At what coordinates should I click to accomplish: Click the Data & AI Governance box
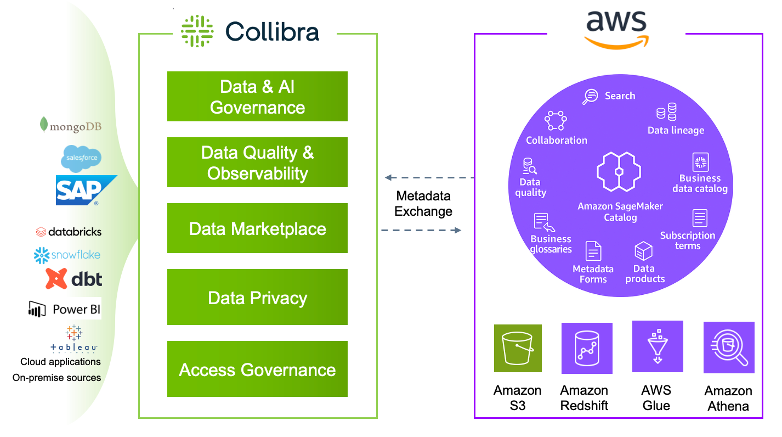pyautogui.click(x=257, y=97)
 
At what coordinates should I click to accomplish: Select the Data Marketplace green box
pyautogui.click(x=257, y=228)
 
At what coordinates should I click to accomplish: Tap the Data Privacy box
pyautogui.click(x=257, y=298)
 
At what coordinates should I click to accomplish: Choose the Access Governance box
pyautogui.click(x=257, y=369)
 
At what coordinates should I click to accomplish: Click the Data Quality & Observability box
pyautogui.click(x=257, y=163)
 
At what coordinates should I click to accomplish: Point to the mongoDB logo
pyautogui.click(x=71, y=126)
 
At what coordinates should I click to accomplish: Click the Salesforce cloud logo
pyautogui.click(x=81, y=158)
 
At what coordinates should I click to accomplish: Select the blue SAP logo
pyautogui.click(x=86, y=190)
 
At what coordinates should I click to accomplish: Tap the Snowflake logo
pyautogui.click(x=67, y=255)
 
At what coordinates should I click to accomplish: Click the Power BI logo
pyautogui.click(x=65, y=309)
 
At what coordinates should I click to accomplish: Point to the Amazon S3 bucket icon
pyautogui.click(x=517, y=349)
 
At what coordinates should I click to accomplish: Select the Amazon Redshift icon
pyautogui.click(x=586, y=348)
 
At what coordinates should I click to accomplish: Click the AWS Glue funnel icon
pyautogui.click(x=657, y=346)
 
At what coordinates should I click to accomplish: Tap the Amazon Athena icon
pyautogui.click(x=729, y=348)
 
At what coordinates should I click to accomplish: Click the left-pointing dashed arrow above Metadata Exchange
pyautogui.click(x=429, y=178)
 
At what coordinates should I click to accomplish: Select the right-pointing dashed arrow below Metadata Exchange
pyautogui.click(x=421, y=230)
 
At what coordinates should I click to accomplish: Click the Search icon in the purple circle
pyautogui.click(x=591, y=97)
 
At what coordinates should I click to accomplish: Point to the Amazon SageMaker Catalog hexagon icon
pyautogui.click(x=619, y=171)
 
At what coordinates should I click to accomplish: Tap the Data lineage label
pyautogui.click(x=676, y=130)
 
